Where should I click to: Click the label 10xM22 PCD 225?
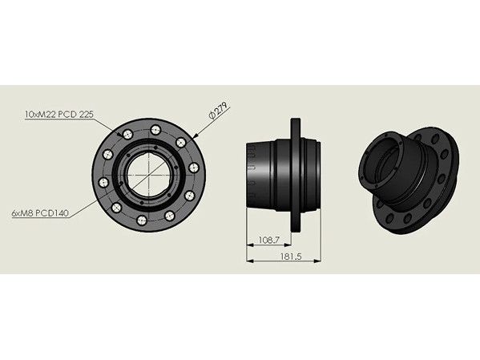click(59, 115)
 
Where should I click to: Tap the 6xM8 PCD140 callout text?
click(40, 213)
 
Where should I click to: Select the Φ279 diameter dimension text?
click(218, 111)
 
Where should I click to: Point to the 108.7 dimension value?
click(269, 240)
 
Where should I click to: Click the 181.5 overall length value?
click(291, 257)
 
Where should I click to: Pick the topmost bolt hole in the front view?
click(155, 130)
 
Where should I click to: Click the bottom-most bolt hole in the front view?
click(142, 220)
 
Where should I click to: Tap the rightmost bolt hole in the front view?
click(194, 168)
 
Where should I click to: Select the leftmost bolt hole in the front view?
click(103, 183)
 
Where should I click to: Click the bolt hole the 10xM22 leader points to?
click(127, 134)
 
